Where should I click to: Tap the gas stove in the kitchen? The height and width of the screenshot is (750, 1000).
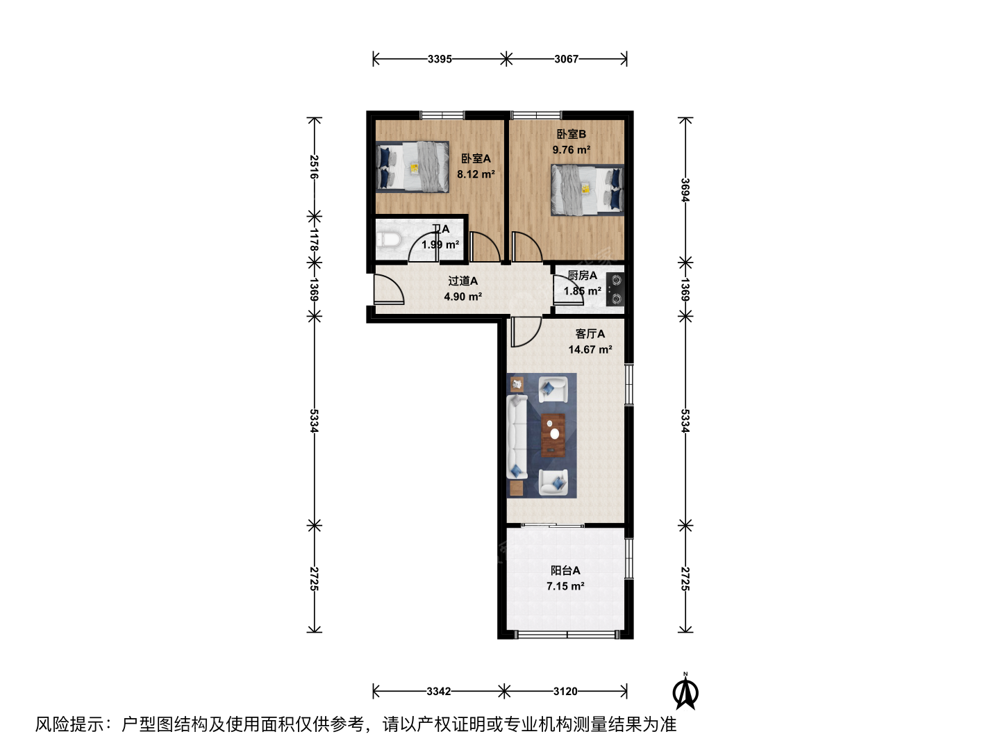[615, 289]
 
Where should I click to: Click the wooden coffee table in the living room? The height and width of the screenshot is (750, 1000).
[553, 435]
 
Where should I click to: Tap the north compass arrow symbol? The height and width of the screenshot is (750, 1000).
[685, 693]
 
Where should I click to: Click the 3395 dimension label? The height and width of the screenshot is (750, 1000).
[440, 59]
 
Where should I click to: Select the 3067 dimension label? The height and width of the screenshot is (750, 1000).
[566, 59]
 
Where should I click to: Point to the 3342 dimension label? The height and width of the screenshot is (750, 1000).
[439, 692]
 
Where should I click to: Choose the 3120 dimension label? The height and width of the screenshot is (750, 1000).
[565, 692]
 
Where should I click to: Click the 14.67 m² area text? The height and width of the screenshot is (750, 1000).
[590, 350]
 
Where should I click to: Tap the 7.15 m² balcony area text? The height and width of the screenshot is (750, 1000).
[565, 586]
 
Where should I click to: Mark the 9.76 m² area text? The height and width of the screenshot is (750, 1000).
[572, 150]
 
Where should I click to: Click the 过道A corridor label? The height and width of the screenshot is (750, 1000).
[463, 281]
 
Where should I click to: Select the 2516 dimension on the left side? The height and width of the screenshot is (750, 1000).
[314, 167]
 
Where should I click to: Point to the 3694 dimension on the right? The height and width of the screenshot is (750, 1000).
[685, 190]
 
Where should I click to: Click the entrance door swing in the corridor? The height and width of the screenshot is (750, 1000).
[389, 289]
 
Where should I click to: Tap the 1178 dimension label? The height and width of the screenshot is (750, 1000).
[314, 240]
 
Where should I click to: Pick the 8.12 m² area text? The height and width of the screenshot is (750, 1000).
[476, 174]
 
